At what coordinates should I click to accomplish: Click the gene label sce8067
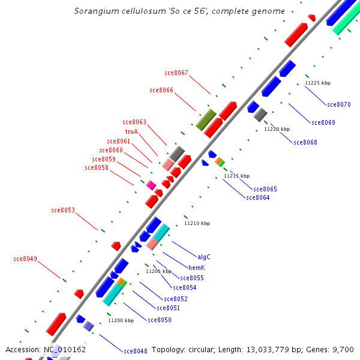[x=176, y=73]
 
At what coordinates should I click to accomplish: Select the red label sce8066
[x=161, y=90]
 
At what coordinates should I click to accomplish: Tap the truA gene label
[x=132, y=131]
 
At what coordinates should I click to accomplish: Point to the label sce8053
[x=63, y=210]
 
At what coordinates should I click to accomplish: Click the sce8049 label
[x=25, y=259]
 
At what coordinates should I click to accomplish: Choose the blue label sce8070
[x=339, y=104]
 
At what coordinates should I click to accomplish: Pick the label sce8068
[x=305, y=142]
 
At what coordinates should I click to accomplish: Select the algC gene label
[x=204, y=256]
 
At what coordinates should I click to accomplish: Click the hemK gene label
[x=197, y=268]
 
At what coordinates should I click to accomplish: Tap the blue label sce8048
[x=136, y=351]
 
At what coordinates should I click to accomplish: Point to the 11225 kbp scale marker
[x=317, y=83]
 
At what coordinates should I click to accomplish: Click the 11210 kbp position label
[x=197, y=223]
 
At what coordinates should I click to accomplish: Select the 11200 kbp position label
[x=121, y=320]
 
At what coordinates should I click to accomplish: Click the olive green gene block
[x=206, y=119]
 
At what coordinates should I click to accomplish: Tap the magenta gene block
[x=151, y=185]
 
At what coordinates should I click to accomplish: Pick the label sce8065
[x=265, y=189]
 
